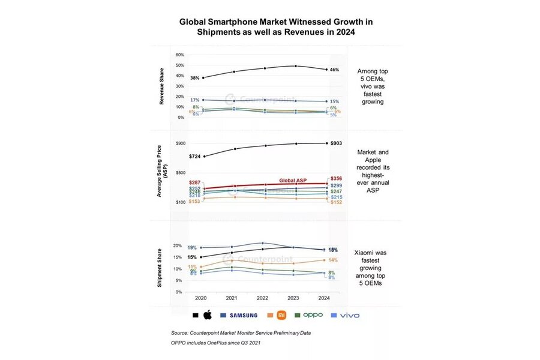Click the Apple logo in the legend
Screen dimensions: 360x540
208,314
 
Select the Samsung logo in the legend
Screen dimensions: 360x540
244,315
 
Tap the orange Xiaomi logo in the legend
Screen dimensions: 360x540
281,315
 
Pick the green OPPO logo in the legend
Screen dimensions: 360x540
313,315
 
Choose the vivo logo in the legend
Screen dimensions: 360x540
350,315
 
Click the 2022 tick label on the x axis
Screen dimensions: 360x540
262,298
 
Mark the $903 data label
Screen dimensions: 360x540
336,143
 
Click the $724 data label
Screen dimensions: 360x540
194,157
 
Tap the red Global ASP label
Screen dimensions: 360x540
293,179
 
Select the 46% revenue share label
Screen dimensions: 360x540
334,70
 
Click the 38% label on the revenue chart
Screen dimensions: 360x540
194,78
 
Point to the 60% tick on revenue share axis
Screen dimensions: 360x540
179,55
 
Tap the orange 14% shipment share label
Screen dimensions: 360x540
334,260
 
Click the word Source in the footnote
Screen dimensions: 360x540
179,332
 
